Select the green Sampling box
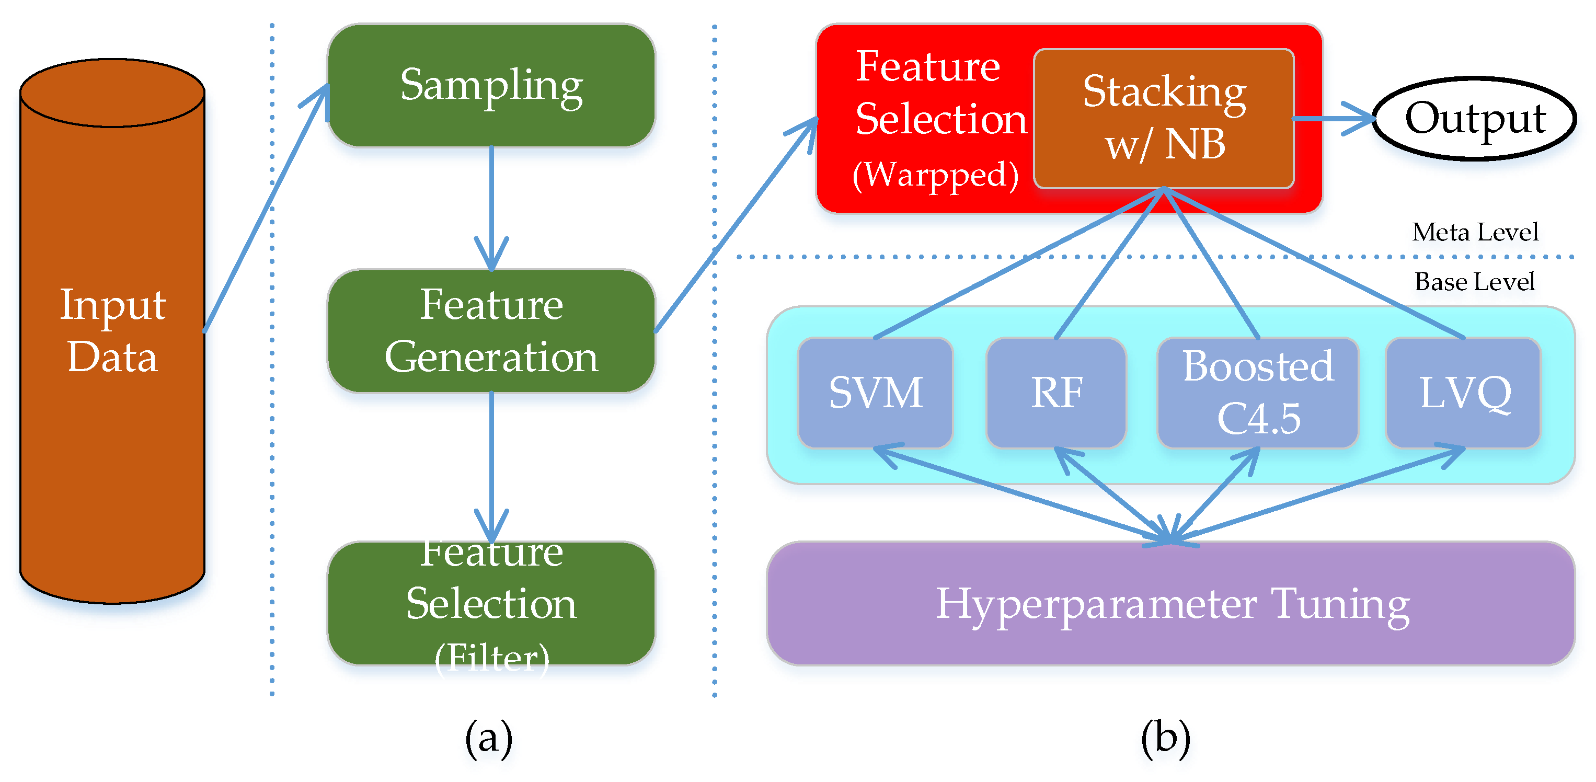[491, 86]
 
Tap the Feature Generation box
[491, 331]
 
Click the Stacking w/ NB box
[1164, 118]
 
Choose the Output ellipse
[1475, 118]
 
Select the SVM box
[875, 392]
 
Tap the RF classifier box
[1057, 392]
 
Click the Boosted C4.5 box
[1258, 392]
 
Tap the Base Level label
[1475, 281]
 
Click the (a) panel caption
[489, 738]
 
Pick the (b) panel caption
[1165, 738]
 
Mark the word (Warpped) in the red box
[936, 175]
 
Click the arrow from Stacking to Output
[1332, 118]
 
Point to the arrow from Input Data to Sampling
[267, 208]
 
